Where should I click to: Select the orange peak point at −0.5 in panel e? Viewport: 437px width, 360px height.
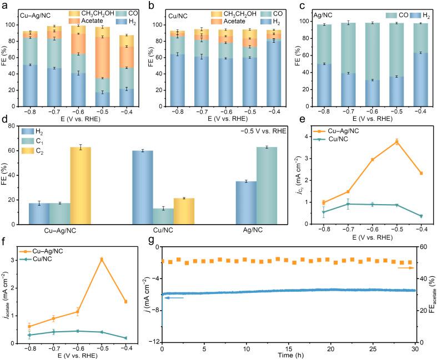coord(396,141)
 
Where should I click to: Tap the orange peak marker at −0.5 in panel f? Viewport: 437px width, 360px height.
coord(102,259)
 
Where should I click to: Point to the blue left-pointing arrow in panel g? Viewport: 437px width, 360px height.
coord(173,298)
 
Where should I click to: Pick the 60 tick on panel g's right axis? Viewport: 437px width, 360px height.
coord(423,247)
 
